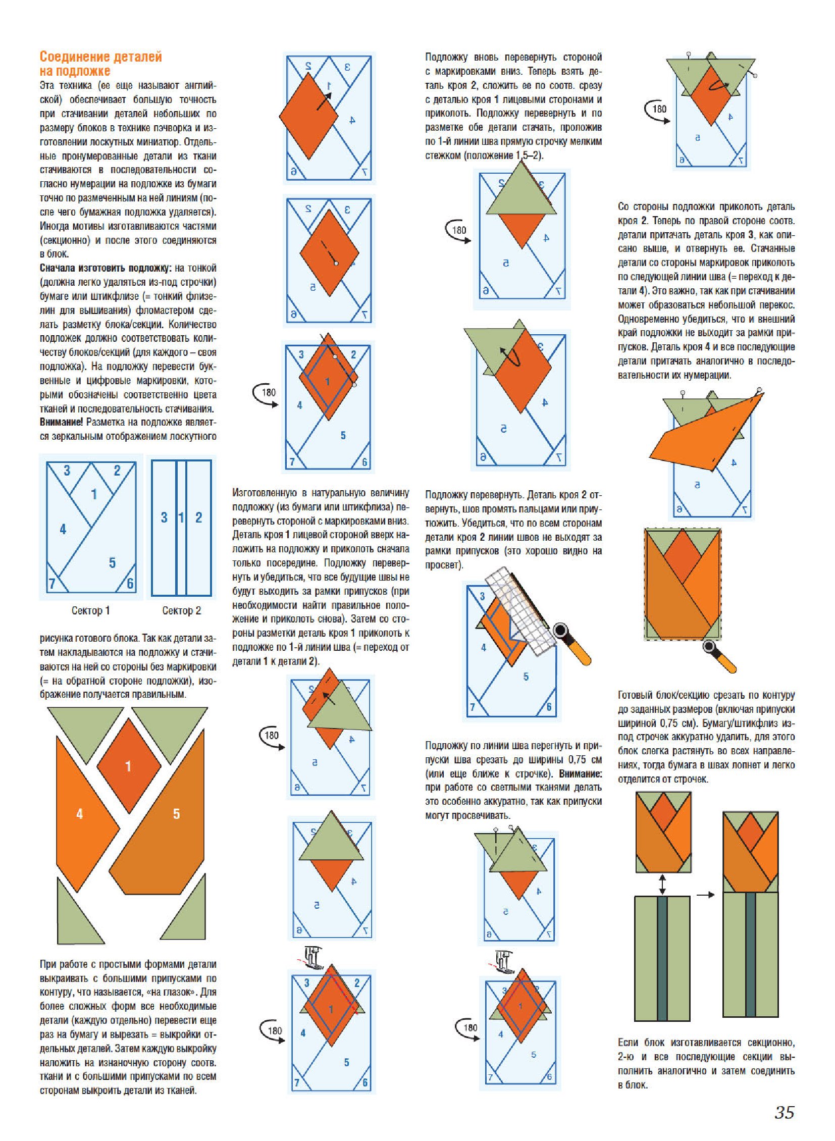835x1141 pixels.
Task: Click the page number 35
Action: click(x=784, y=1113)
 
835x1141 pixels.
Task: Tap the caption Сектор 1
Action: click(x=90, y=611)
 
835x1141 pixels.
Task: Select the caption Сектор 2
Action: click(x=181, y=611)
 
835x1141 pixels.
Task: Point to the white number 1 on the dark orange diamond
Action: click(x=128, y=766)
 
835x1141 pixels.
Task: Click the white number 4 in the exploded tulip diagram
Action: click(x=79, y=814)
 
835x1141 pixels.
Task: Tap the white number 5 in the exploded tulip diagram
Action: click(x=176, y=814)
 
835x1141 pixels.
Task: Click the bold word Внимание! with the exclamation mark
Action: click(x=61, y=422)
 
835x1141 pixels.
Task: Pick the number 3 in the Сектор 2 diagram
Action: click(x=164, y=517)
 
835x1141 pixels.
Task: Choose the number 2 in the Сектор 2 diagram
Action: click(x=198, y=517)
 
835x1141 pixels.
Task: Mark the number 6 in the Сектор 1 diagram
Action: click(x=130, y=584)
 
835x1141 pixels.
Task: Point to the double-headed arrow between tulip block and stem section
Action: click(x=662, y=885)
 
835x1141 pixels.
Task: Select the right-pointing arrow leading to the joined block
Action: click(x=706, y=895)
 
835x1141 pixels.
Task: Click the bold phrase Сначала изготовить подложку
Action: click(x=106, y=268)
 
